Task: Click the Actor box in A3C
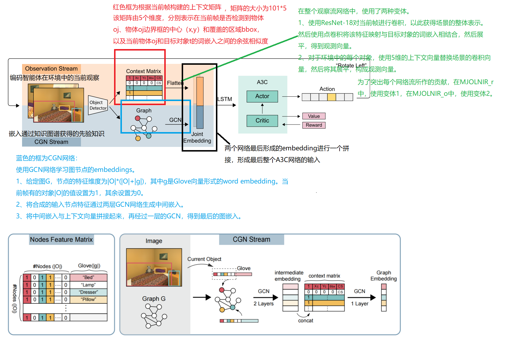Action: pos(262,96)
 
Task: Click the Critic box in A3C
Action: pos(262,121)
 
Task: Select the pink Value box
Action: pos(314,116)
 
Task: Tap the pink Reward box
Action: pos(314,125)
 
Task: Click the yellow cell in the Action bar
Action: pos(331,97)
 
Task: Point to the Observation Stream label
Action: pos(51,69)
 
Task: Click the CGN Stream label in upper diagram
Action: pos(51,142)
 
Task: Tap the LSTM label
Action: pos(225,99)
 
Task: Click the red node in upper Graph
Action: pos(138,118)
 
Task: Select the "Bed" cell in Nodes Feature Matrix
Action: pos(89,277)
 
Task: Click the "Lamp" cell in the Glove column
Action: pos(89,285)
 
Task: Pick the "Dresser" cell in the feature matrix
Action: pos(89,292)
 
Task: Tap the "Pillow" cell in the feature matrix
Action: pos(89,299)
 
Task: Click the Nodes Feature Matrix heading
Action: pos(61,240)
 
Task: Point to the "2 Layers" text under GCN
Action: pos(264,304)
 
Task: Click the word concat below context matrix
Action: pos(306,321)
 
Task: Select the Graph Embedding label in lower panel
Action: pos(383,276)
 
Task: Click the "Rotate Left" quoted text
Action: pos(351,66)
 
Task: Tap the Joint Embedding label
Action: pos(197,137)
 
